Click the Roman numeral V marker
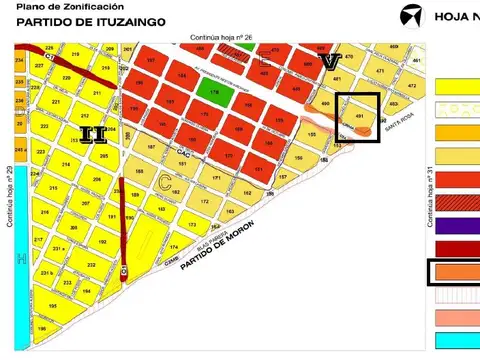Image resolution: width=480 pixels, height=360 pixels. pos(331,61)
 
